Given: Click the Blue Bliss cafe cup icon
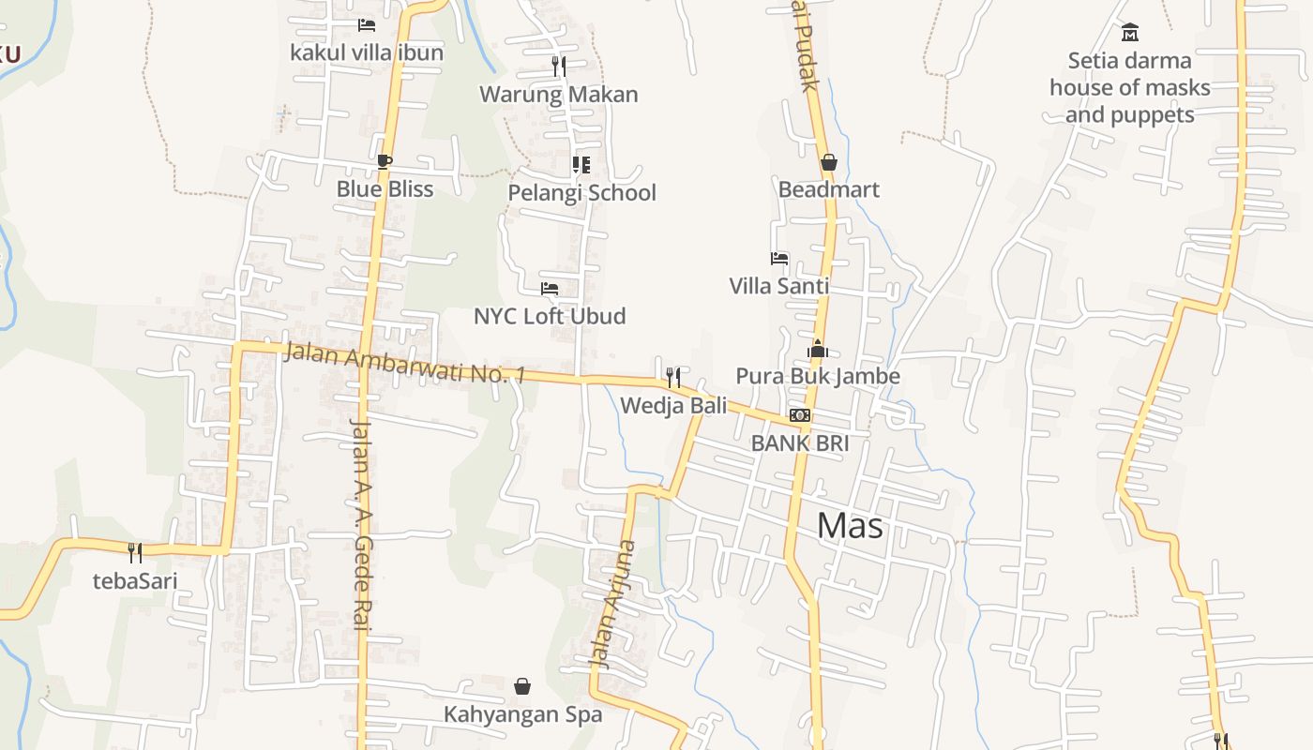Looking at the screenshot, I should point(384,162).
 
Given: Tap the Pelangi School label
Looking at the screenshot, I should point(581,193).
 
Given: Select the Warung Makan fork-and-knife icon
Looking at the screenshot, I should point(559,66).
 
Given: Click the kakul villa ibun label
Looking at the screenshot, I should point(367,52).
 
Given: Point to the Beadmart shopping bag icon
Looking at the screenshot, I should point(828,162).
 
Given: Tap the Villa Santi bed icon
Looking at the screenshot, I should point(778,258).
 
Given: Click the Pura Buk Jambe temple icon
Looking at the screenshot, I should point(817,349).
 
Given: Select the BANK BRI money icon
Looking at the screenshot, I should point(799,415).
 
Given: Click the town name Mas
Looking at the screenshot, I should point(850,526).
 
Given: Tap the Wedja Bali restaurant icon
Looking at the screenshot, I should point(673,378).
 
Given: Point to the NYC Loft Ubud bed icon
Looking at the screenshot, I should point(550,289).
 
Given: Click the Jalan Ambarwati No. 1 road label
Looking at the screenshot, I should point(404,364).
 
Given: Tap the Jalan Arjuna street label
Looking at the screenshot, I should point(612,605).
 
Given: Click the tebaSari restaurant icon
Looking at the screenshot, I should point(135,552).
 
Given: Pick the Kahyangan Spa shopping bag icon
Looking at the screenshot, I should point(522,687).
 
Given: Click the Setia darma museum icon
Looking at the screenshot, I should point(1130,33).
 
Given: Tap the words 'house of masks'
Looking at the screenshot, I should point(1130,88).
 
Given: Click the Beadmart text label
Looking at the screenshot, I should point(829,189).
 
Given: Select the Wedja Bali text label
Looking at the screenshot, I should point(673,406).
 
